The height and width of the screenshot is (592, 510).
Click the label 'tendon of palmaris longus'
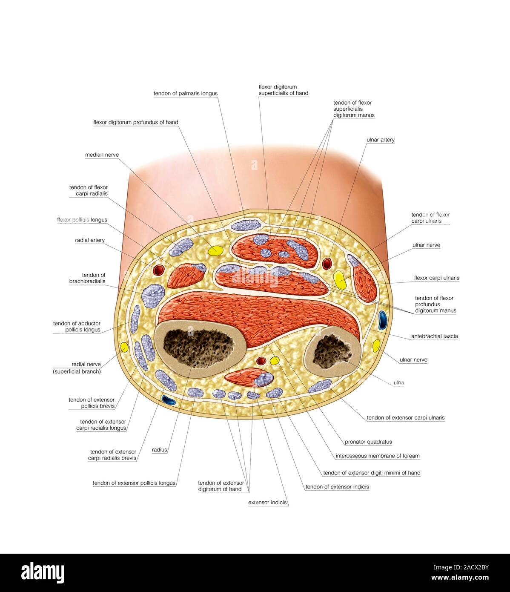point(185,93)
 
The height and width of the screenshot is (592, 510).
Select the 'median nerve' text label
point(102,155)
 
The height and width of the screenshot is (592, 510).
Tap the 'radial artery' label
point(89,240)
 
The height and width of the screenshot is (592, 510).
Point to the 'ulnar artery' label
point(380,140)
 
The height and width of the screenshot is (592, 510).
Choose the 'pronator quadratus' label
point(368,442)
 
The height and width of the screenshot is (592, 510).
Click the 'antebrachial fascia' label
point(434,336)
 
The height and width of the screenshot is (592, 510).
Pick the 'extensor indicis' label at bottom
point(267,503)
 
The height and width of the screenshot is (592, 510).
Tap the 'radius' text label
point(159,450)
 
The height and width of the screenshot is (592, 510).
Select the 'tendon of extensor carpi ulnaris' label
point(405,418)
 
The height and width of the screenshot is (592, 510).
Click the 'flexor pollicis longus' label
point(82,220)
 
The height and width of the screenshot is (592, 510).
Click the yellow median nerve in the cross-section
point(215,250)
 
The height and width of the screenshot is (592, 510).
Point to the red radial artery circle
point(158,269)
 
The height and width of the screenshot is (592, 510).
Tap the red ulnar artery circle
point(327,264)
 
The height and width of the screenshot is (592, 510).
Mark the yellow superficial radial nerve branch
point(124,347)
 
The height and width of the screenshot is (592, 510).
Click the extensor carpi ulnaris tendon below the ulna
point(319,385)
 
